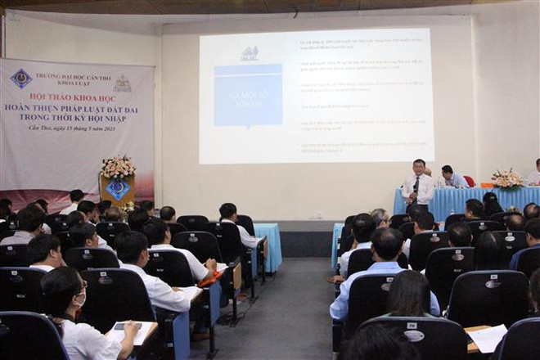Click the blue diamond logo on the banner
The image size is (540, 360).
coord(21,79)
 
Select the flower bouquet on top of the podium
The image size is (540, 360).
coord(118,168)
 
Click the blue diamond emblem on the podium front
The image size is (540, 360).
coord(118,190)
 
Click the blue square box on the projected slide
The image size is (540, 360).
coord(248,95)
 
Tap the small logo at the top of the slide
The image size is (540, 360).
coord(250,54)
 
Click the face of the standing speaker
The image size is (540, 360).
coord(419,167)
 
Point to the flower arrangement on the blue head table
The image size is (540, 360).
coord(507,179)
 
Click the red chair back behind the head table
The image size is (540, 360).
coord(469,181)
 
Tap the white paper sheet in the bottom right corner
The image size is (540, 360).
coord(488,337)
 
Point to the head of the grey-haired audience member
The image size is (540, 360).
coord(380,217)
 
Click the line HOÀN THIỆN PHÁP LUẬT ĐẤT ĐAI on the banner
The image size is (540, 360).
coord(78,107)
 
